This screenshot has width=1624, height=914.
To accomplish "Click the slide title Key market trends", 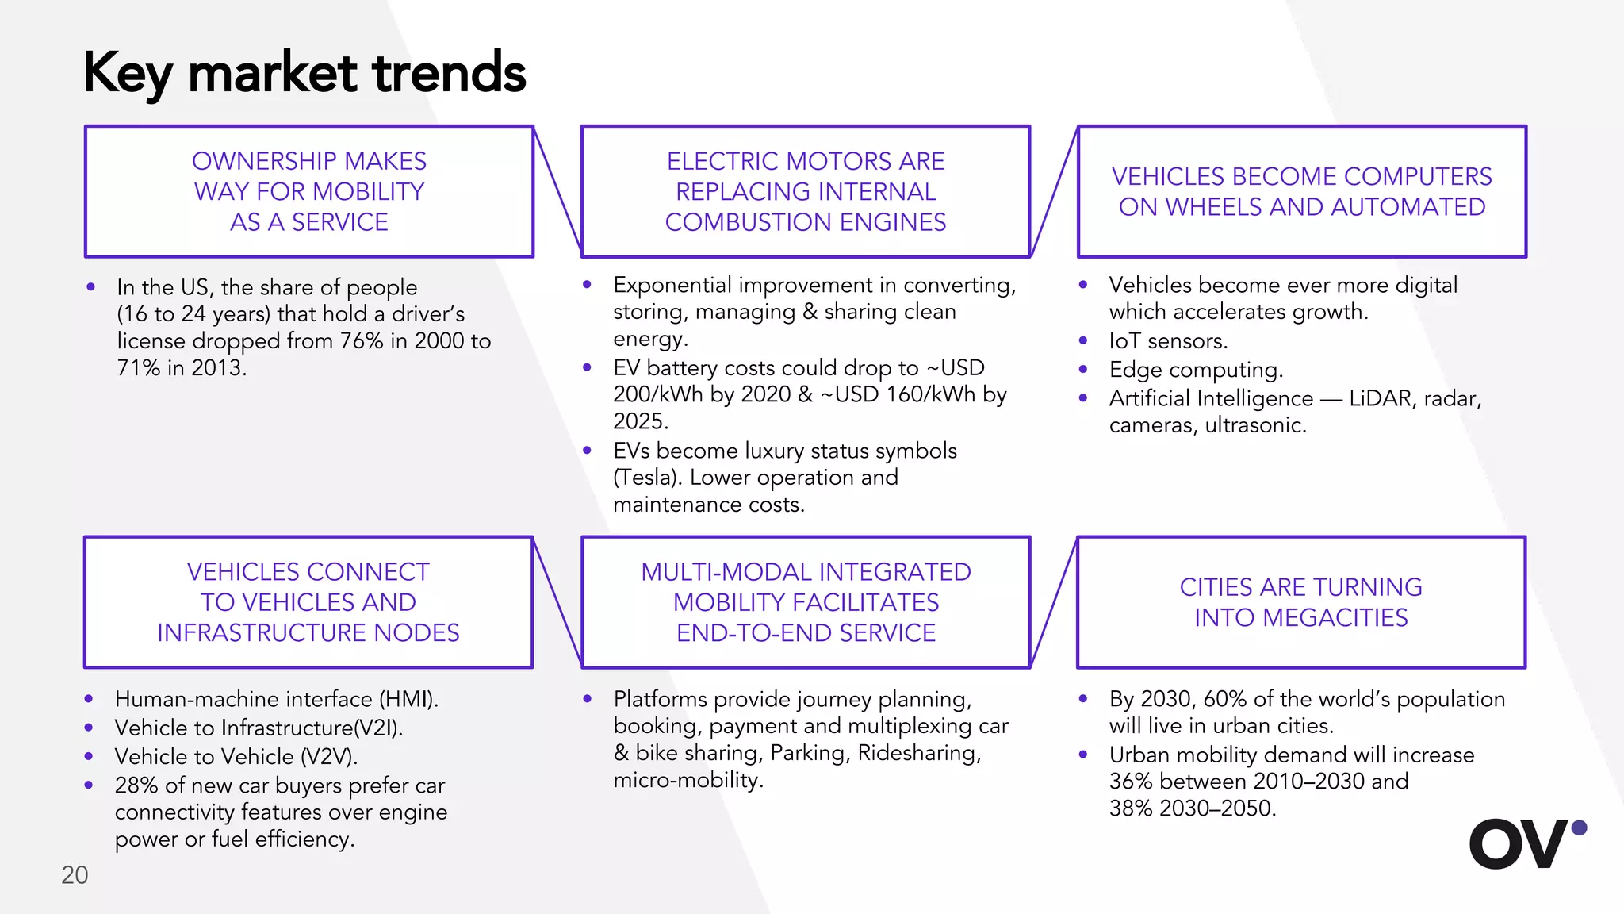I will (304, 73).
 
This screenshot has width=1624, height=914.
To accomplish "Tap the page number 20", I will (75, 875).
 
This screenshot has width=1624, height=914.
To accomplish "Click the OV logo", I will (1526, 844).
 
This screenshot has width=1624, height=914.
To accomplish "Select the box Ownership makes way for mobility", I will (309, 191).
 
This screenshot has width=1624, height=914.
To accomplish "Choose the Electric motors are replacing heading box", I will (806, 191).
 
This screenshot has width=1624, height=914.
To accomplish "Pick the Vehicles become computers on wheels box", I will (1301, 191).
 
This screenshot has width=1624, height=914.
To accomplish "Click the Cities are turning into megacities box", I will (1301, 602).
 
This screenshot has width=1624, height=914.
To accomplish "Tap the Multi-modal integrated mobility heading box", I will (806, 602).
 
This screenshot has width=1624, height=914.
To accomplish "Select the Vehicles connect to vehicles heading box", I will (308, 602).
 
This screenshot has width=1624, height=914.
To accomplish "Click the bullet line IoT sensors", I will (1168, 341).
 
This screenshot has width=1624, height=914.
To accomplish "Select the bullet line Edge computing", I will (1196, 370).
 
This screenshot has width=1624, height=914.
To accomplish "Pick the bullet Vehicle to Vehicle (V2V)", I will (236, 757).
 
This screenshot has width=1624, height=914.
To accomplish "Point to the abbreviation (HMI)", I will (408, 699).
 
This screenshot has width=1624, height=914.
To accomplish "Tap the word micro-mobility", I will (688, 780).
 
